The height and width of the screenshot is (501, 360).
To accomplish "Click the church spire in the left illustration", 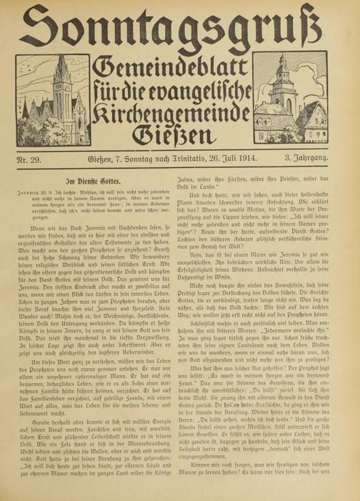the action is (x=47, y=100).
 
